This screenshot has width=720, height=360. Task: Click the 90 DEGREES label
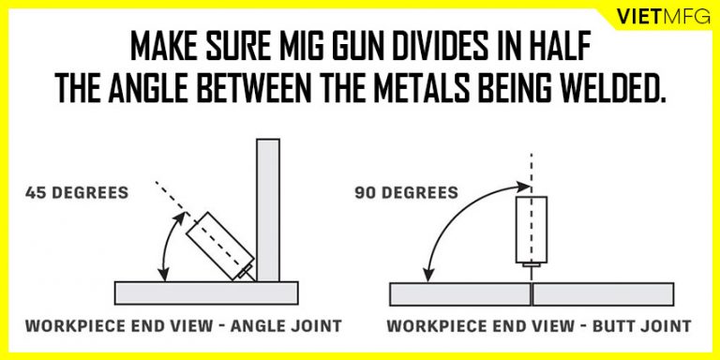(x=406, y=193)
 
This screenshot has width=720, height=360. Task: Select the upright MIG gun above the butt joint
(x=530, y=228)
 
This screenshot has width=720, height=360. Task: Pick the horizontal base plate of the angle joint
(x=205, y=292)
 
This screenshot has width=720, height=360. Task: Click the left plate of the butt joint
(x=458, y=293)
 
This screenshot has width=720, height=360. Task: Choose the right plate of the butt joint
(x=604, y=293)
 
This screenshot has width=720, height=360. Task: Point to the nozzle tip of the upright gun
(x=530, y=269)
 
